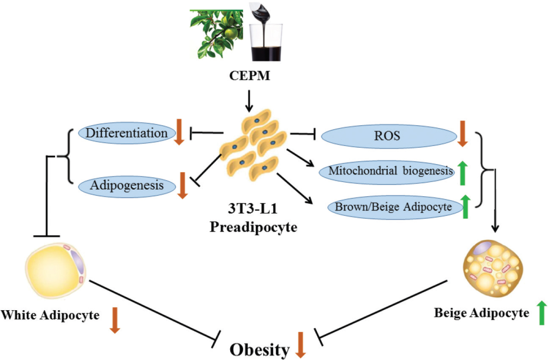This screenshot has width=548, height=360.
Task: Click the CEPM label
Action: pos(249,75)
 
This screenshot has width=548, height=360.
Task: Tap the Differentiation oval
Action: pos(127,133)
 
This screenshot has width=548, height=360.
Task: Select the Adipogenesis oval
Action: pos(127,186)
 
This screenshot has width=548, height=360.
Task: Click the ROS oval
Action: pos(388,136)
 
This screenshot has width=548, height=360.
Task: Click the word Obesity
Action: pos(260,350)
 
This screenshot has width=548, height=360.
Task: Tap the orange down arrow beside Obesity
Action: pos(300,345)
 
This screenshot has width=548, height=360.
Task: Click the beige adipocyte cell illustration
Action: pos(493,269)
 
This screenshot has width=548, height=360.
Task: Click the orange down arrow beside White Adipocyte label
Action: pos(115,320)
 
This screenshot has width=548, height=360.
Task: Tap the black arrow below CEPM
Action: pos(249,100)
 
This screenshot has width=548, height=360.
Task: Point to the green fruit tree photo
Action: pos(216,34)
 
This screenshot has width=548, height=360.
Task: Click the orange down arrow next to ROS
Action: pos(462,133)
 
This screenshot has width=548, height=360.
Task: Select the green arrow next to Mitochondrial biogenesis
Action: pos(463,173)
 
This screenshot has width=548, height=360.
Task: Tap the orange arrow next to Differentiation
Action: pos(178,132)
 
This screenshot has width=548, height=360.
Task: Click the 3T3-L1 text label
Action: pos(253,209)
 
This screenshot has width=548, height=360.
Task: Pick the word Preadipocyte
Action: pos(253,227)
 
